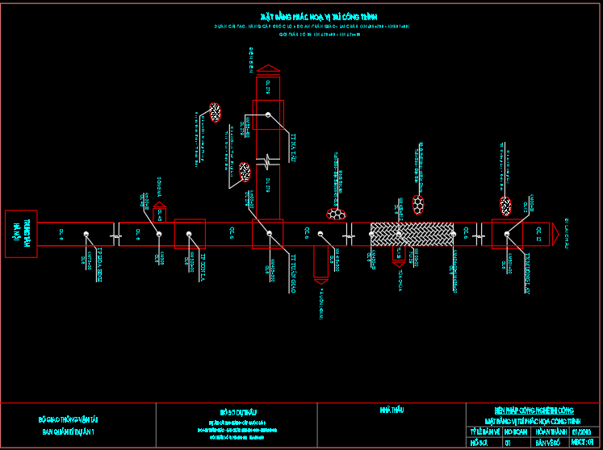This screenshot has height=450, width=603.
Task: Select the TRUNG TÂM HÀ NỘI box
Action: click(x=21, y=234)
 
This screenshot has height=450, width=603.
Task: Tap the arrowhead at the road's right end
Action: click(x=555, y=234)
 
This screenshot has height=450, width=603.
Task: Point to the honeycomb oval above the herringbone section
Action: click(x=418, y=203)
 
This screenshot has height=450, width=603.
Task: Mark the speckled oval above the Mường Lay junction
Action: click(x=505, y=206)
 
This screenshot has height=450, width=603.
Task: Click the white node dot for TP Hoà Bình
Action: click(x=86, y=234)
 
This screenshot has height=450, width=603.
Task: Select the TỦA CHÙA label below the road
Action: click(x=400, y=278)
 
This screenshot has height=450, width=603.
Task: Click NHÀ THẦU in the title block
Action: click(x=392, y=410)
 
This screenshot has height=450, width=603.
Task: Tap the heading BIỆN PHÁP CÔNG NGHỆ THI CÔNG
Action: click(x=534, y=410)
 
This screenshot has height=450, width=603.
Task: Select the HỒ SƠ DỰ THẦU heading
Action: click(x=236, y=410)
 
